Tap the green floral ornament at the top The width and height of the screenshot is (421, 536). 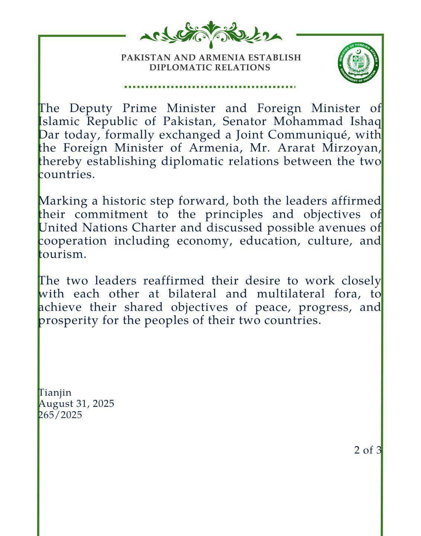[211, 35]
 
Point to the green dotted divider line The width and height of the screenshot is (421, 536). [210, 87]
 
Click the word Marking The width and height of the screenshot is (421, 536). [62, 201]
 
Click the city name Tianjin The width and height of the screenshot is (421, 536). [55, 392]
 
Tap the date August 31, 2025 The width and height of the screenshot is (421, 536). [76, 403]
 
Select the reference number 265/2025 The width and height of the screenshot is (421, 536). [60, 415]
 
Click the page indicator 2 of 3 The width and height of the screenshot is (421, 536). [367, 450]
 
